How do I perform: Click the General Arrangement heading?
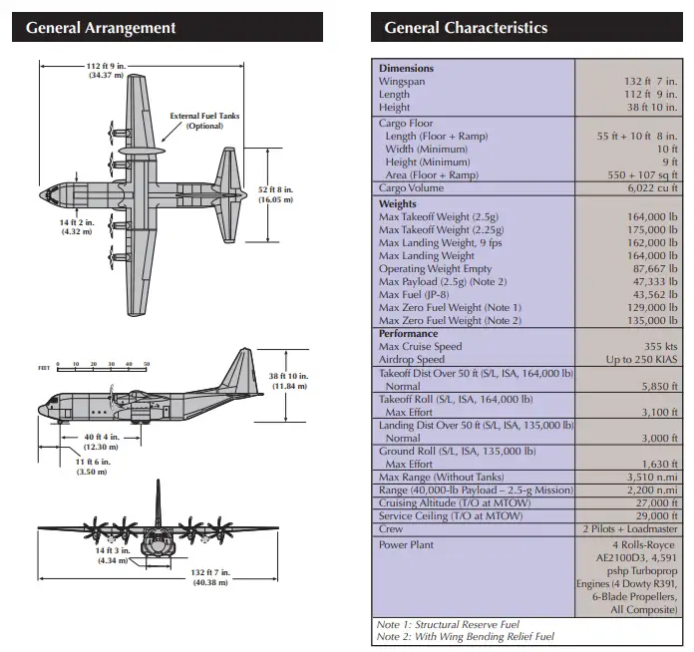coord(101,28)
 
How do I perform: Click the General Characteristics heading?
coord(466,28)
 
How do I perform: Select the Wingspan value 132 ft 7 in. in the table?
coord(651,82)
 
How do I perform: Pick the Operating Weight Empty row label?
coord(436,269)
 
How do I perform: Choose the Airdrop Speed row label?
coord(412,359)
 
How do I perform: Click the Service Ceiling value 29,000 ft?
coord(651,516)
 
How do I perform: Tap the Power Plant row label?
coord(406,544)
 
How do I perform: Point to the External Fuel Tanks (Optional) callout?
coord(204,121)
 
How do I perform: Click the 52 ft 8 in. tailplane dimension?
coord(275,194)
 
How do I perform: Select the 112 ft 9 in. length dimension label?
coord(105,71)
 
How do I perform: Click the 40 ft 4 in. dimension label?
coord(101,441)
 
